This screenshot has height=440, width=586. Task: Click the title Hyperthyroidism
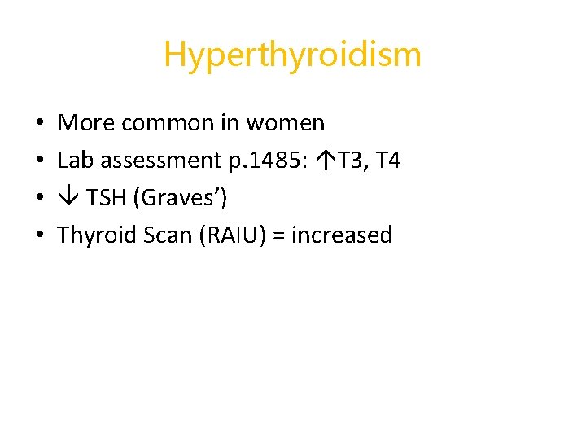tap(292, 55)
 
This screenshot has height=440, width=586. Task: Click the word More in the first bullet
tap(86, 123)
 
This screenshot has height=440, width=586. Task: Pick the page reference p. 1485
tap(261, 161)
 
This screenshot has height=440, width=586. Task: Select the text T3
tap(350, 161)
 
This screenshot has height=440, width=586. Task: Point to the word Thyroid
tap(92, 235)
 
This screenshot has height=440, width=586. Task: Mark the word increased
tap(341, 235)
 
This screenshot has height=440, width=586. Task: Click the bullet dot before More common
tap(40, 124)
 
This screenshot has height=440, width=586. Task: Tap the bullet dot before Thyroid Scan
tap(40, 236)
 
